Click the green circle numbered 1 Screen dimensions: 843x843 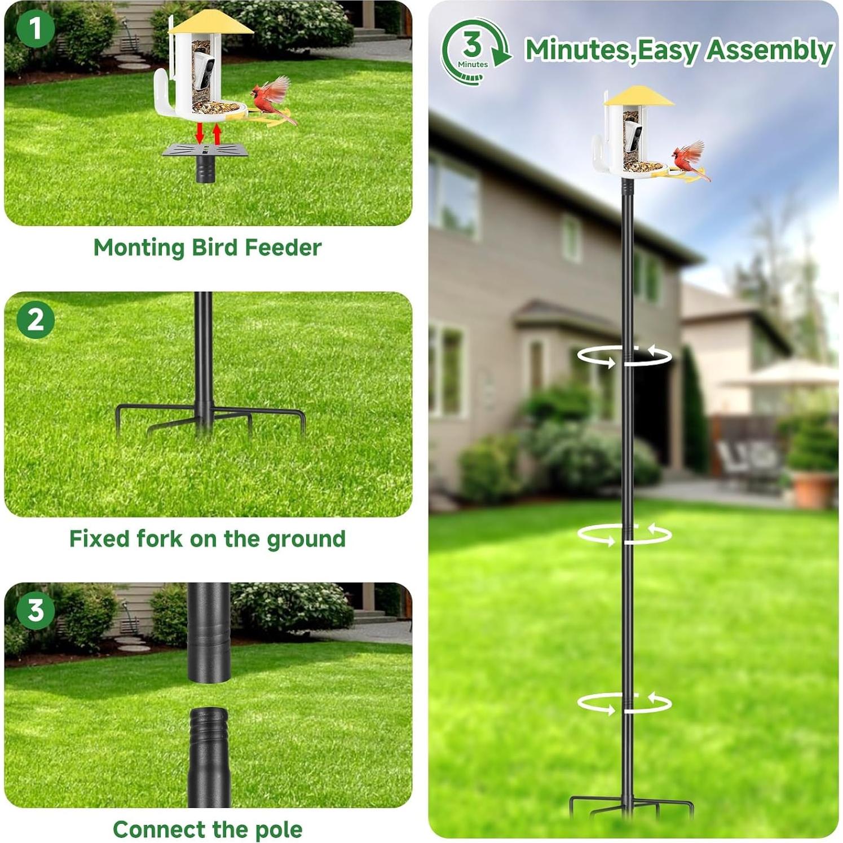point(36,29)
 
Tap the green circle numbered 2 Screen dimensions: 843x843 point(36,320)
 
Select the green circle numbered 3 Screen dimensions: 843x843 point(36,610)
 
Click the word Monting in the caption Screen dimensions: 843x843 point(139,248)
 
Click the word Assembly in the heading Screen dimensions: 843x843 point(769,50)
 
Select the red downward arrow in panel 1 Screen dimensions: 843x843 point(200,133)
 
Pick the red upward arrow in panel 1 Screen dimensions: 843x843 point(217,133)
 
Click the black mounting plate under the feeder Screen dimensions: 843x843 point(205,151)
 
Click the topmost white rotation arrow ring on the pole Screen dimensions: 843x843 point(624,356)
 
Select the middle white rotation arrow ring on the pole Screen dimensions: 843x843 point(624,534)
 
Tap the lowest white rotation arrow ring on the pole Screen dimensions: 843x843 point(624,703)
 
